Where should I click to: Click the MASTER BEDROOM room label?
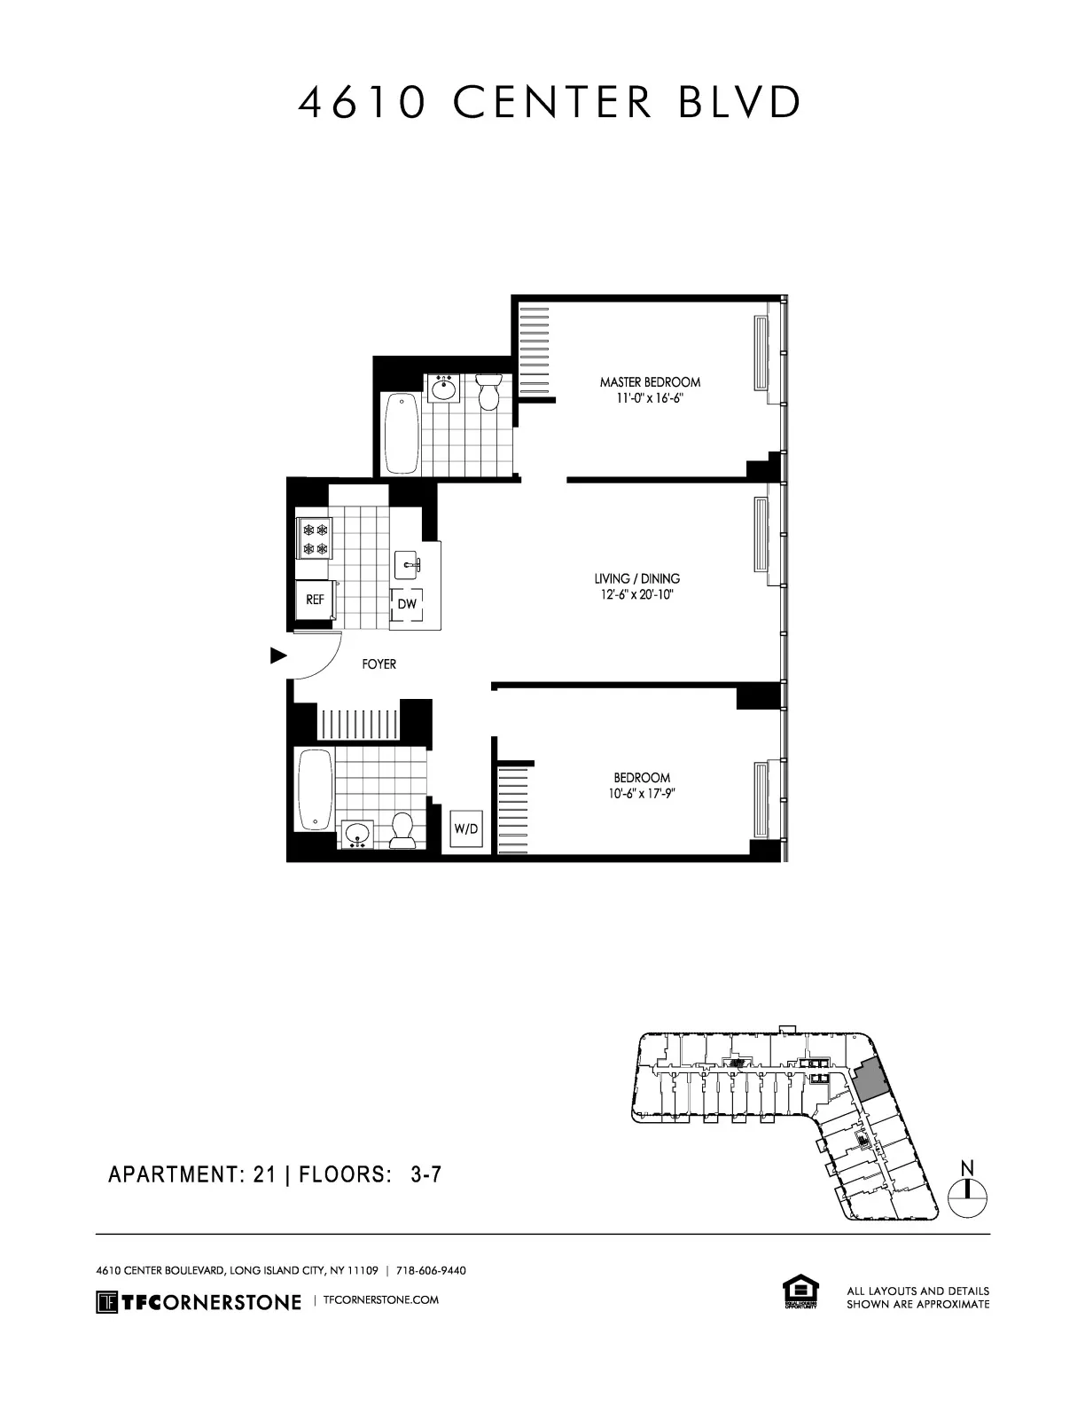point(650,382)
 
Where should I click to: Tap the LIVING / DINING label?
point(636,579)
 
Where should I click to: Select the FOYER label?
point(379,663)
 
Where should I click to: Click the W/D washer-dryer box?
point(466,828)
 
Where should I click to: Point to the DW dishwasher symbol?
point(407,605)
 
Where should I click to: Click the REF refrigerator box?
point(315,600)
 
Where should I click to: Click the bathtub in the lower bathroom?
point(315,789)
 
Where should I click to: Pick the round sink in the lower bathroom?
point(357,833)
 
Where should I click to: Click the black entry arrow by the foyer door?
point(278,656)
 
